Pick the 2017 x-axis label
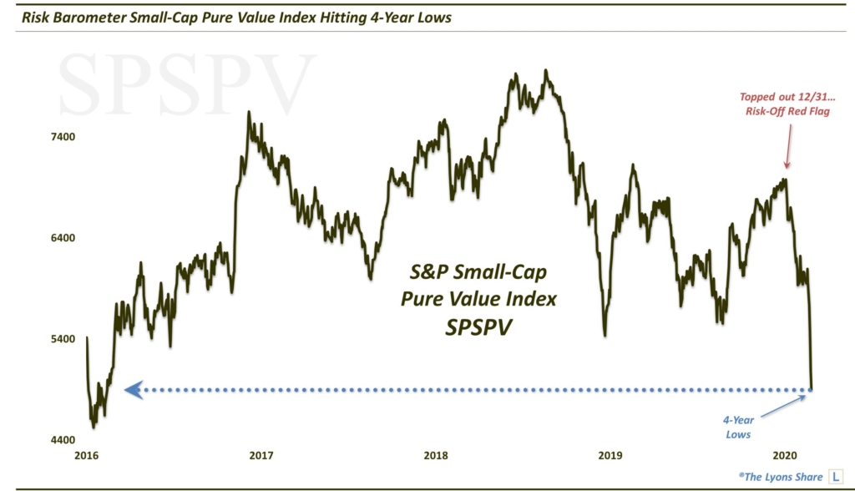point(261,455)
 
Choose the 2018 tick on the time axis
point(435,455)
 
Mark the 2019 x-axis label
point(610,455)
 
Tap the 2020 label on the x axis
point(785,455)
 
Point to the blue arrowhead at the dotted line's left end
point(131,389)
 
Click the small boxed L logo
point(834,476)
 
